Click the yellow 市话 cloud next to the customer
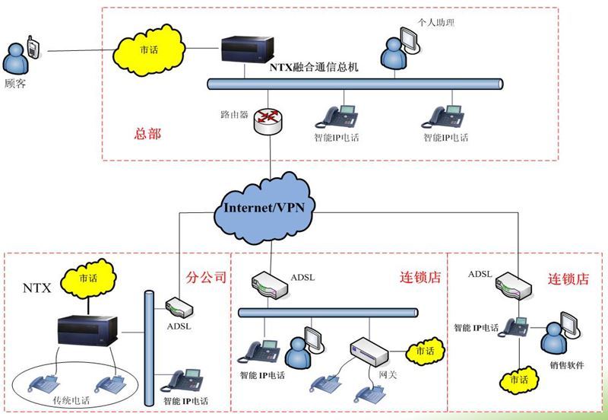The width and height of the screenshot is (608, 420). (150, 49)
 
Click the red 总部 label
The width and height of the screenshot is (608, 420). (147, 133)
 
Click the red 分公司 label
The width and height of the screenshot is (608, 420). (206, 278)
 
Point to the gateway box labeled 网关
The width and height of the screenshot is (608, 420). (371, 352)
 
